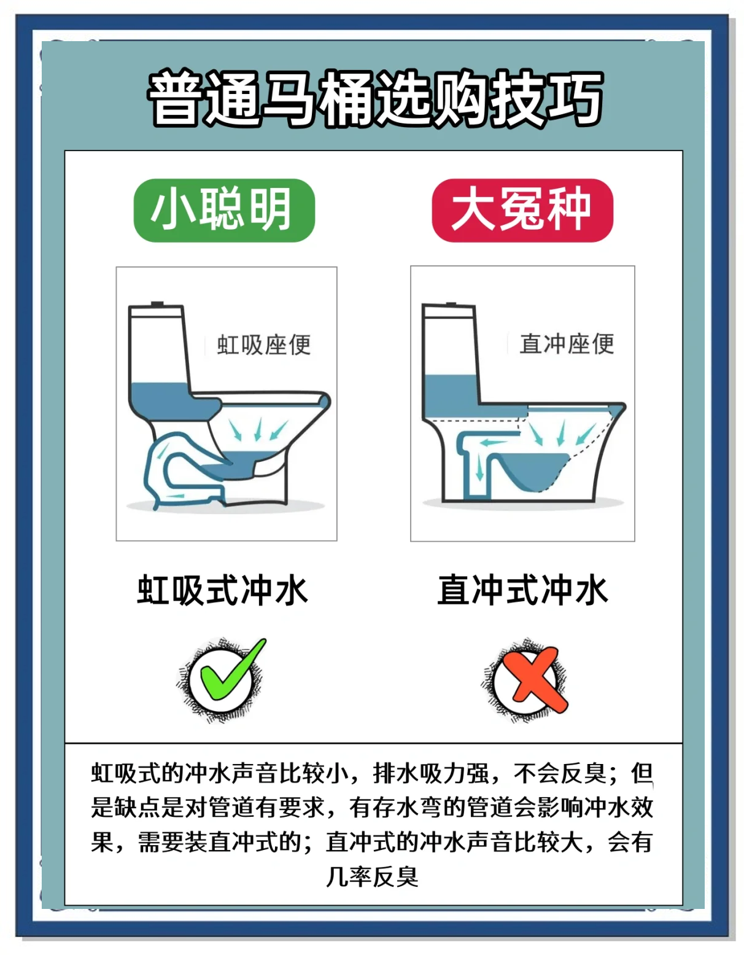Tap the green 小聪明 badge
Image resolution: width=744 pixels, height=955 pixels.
click(224, 210)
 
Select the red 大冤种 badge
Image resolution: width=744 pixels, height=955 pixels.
click(522, 210)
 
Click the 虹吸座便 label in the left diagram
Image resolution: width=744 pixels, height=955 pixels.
click(264, 345)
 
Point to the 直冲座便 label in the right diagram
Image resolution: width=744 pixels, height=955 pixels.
click(566, 344)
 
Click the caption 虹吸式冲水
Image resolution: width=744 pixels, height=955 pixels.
click(222, 590)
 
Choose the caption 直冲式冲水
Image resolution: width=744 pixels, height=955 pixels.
click(522, 590)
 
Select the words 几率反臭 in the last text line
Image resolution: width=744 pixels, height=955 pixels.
click(373, 876)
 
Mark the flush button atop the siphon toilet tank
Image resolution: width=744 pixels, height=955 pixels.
click(158, 304)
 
